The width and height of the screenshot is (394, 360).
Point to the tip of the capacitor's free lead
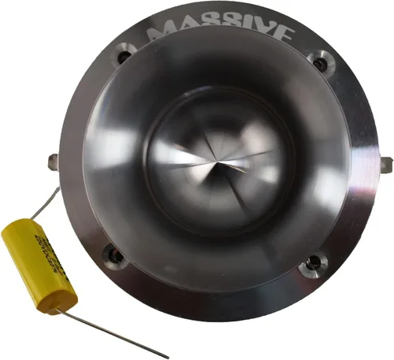tap(167, 357)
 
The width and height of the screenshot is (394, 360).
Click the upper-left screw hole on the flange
tap(121, 57)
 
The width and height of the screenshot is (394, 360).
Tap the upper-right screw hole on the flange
tap(318, 61)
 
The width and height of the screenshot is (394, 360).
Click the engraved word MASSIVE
tap(221, 33)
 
